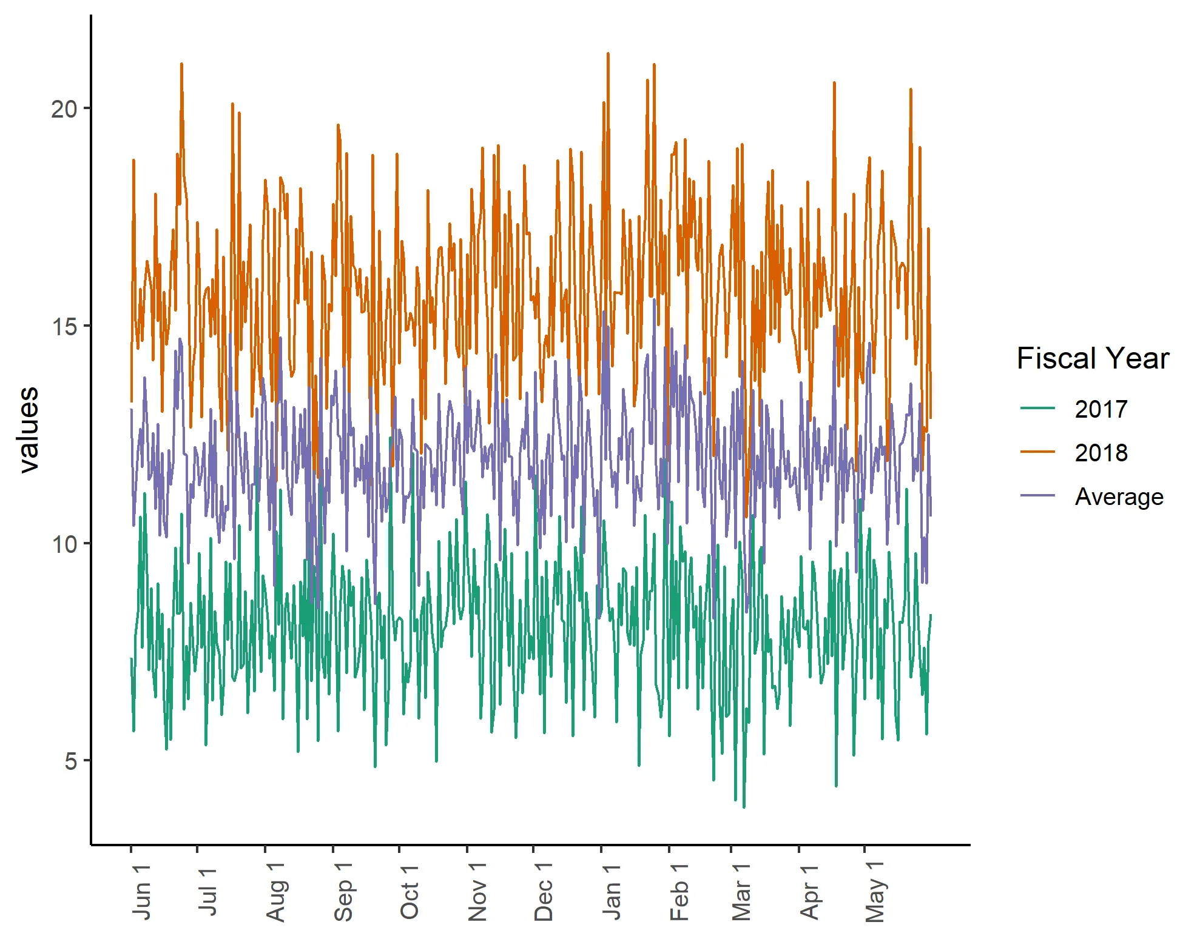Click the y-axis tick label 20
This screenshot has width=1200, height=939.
64,110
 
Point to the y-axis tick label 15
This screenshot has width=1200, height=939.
64,327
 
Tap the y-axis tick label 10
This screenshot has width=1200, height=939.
64,544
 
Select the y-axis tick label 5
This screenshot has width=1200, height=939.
71,761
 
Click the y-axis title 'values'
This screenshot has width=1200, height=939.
28,429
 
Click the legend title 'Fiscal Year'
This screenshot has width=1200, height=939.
1093,358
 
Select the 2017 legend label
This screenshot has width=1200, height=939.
1101,409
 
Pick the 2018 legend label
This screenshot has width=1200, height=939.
1101,453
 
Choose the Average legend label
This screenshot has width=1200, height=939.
1119,496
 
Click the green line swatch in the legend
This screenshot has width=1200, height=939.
1037,409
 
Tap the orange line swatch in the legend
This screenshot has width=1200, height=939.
1037,452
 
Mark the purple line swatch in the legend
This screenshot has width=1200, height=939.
1037,496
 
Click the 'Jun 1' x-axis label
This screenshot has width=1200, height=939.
141,892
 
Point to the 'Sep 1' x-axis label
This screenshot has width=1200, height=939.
343,892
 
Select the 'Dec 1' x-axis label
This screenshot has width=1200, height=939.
543,892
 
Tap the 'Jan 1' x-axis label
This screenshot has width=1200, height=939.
611,892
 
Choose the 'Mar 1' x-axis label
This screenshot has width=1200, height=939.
741,892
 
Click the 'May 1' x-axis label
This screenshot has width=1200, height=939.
874,892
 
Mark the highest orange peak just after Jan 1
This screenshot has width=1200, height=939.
608,54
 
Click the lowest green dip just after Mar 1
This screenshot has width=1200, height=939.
744,807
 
